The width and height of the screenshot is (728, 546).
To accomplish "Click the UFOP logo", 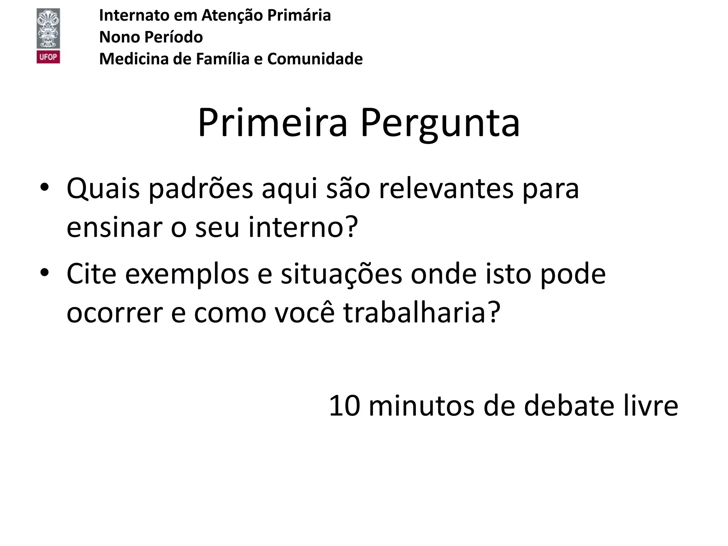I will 48,36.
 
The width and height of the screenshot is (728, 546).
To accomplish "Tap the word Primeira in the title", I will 272,123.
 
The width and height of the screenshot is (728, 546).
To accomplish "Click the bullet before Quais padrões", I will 44,187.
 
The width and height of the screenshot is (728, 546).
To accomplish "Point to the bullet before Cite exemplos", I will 44,273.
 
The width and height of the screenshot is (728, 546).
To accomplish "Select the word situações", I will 341,274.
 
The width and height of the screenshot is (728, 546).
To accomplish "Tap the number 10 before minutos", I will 344,406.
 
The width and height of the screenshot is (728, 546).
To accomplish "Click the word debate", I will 569,406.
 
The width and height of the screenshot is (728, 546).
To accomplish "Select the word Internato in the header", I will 134,15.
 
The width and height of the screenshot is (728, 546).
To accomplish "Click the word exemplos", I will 187,275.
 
